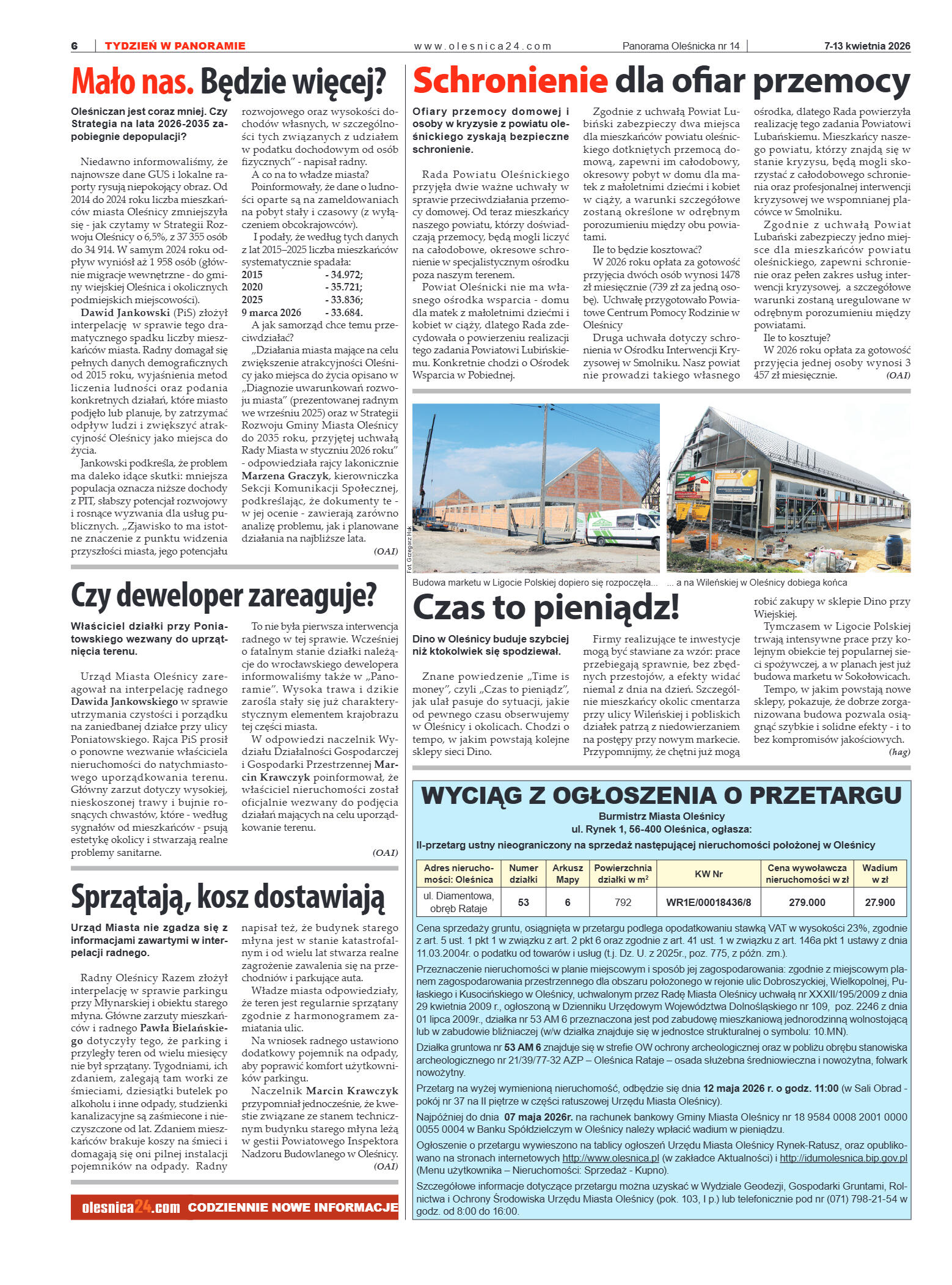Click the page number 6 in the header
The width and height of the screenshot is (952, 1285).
(75, 46)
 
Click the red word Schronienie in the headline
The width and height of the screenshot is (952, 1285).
(510, 81)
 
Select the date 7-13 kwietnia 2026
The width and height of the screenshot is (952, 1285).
(866, 46)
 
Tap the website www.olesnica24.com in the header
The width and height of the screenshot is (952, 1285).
(482, 46)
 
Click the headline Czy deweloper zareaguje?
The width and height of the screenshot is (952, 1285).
(224, 595)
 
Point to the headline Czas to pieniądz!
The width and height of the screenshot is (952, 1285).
(546, 608)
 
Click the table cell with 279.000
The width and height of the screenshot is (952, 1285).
(807, 902)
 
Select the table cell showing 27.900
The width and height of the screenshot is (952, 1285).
(879, 902)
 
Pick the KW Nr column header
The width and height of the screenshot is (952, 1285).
(708, 874)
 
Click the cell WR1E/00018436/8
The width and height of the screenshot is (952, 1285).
(708, 902)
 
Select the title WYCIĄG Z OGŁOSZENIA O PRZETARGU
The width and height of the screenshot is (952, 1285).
(661, 795)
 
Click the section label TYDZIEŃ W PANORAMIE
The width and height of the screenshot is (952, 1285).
(175, 46)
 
